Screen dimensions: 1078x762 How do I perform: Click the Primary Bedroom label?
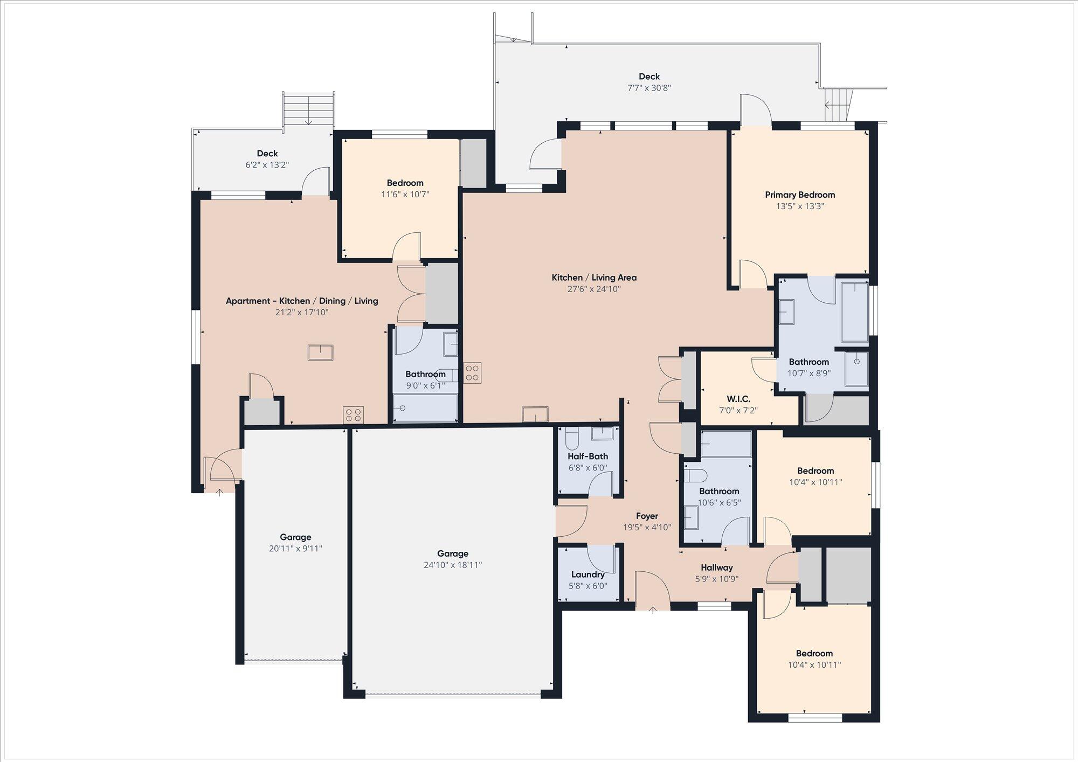[x=800, y=195]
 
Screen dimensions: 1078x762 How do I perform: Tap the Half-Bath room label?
[x=588, y=456]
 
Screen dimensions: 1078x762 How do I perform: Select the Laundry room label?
[x=588, y=574]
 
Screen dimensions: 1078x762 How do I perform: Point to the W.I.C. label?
[x=738, y=399]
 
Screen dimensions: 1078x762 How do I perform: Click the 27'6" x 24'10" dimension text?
[x=594, y=289]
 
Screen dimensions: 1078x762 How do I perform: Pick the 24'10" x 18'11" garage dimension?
[x=453, y=565]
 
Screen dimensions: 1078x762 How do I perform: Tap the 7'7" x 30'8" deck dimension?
[x=649, y=88]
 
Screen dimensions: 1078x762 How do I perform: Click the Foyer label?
[x=647, y=516]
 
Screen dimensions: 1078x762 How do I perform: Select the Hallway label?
[x=717, y=567]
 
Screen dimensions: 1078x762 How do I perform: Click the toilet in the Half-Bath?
[x=572, y=439]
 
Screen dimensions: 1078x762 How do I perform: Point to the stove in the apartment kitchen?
[x=353, y=415]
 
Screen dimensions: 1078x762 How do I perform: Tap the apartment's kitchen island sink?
[x=320, y=352]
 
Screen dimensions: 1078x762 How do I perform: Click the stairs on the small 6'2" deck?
[x=308, y=110]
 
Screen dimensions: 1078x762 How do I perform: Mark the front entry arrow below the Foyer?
[x=653, y=609]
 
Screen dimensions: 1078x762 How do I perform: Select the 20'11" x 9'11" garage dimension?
[x=295, y=549]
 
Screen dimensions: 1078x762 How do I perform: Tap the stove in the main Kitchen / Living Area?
[x=473, y=372]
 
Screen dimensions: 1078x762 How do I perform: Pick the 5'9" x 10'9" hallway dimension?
[x=717, y=579]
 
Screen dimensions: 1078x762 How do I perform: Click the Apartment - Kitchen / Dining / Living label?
[x=302, y=301]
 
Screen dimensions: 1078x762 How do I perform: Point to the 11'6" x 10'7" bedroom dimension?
[x=405, y=194]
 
